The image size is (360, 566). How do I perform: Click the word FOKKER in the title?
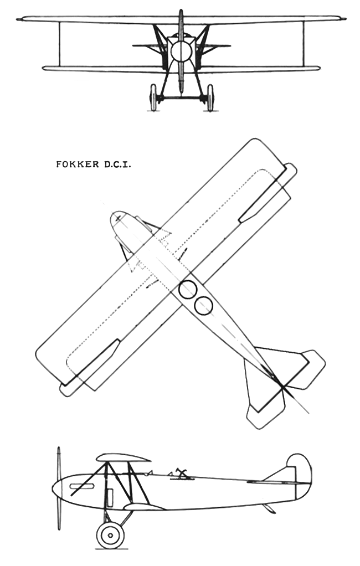pyautogui.click(x=78, y=164)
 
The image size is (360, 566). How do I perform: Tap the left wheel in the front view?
pyautogui.click(x=153, y=97)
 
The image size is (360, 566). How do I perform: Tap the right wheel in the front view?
pyautogui.click(x=210, y=97)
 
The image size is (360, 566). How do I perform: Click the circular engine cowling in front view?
pyautogui.click(x=181, y=51)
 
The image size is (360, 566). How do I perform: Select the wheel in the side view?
pyautogui.click(x=110, y=535)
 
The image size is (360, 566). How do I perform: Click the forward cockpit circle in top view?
pyautogui.click(x=188, y=290)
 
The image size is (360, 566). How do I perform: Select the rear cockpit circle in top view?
pyautogui.click(x=204, y=306)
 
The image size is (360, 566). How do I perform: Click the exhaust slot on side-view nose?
pyautogui.click(x=82, y=486)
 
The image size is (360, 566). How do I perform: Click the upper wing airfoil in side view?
pyautogui.click(x=124, y=457)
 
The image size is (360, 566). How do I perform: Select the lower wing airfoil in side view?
pyautogui.click(x=143, y=507)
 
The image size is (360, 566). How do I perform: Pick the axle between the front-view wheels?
pyautogui.click(x=181, y=97)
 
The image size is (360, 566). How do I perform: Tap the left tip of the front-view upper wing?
pyautogui.click(x=17, y=19)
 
